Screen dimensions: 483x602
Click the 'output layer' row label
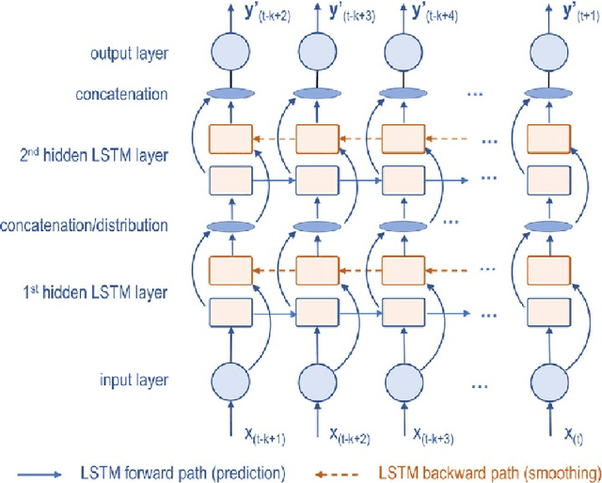(x=131, y=53)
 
